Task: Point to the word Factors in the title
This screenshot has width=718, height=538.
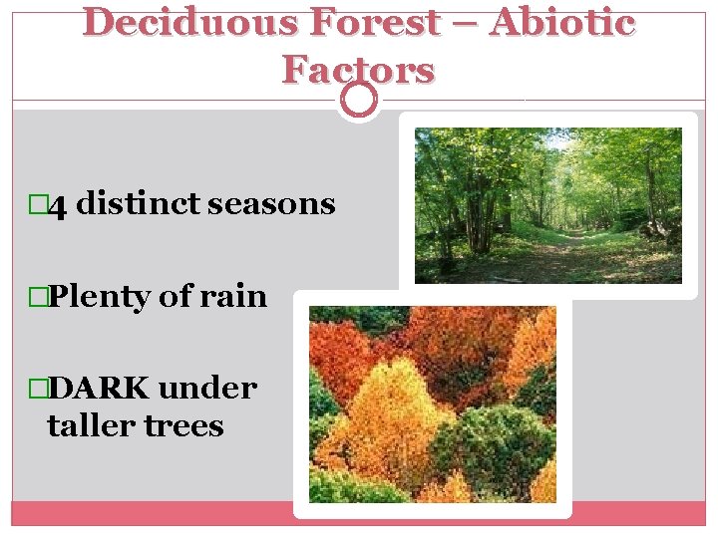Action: point(358,70)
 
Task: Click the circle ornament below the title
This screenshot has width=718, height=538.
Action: point(359,100)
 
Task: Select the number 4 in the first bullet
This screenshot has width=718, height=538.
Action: point(58,206)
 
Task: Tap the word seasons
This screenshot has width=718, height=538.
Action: point(271,204)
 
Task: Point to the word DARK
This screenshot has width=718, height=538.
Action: point(99,388)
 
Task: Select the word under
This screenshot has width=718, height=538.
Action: point(207,388)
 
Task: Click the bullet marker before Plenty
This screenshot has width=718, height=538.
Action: point(38,297)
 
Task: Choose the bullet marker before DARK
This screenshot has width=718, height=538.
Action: point(38,388)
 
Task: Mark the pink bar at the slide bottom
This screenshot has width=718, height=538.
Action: point(359,512)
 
